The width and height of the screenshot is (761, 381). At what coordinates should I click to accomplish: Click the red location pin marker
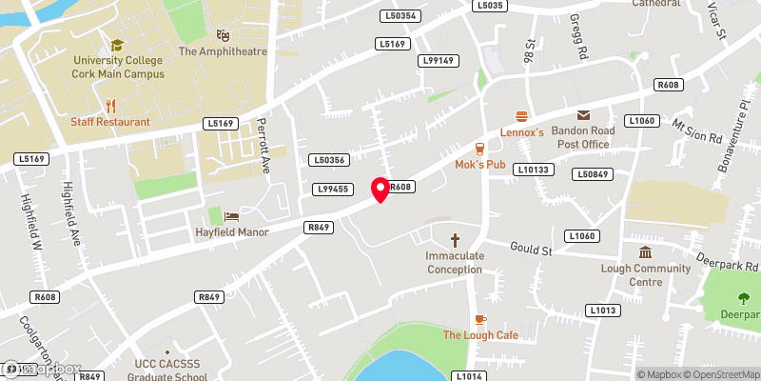380,190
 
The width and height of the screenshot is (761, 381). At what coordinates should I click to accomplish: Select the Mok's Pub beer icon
480,149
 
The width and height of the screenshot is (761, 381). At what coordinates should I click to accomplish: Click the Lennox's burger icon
521,116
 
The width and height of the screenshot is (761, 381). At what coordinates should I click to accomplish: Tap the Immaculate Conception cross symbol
455,240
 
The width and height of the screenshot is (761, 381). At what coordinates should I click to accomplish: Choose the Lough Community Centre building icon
645,252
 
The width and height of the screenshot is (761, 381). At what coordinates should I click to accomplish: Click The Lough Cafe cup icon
480,319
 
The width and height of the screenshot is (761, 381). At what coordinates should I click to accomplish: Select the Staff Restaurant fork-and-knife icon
110,105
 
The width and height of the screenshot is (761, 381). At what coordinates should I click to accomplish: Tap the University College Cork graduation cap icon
117,44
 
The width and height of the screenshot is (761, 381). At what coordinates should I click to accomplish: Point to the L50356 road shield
326,160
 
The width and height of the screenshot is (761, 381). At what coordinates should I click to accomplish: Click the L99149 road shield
439,61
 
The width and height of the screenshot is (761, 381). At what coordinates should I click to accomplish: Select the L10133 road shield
533,170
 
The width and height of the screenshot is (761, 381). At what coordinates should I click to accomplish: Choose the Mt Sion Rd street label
697,130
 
